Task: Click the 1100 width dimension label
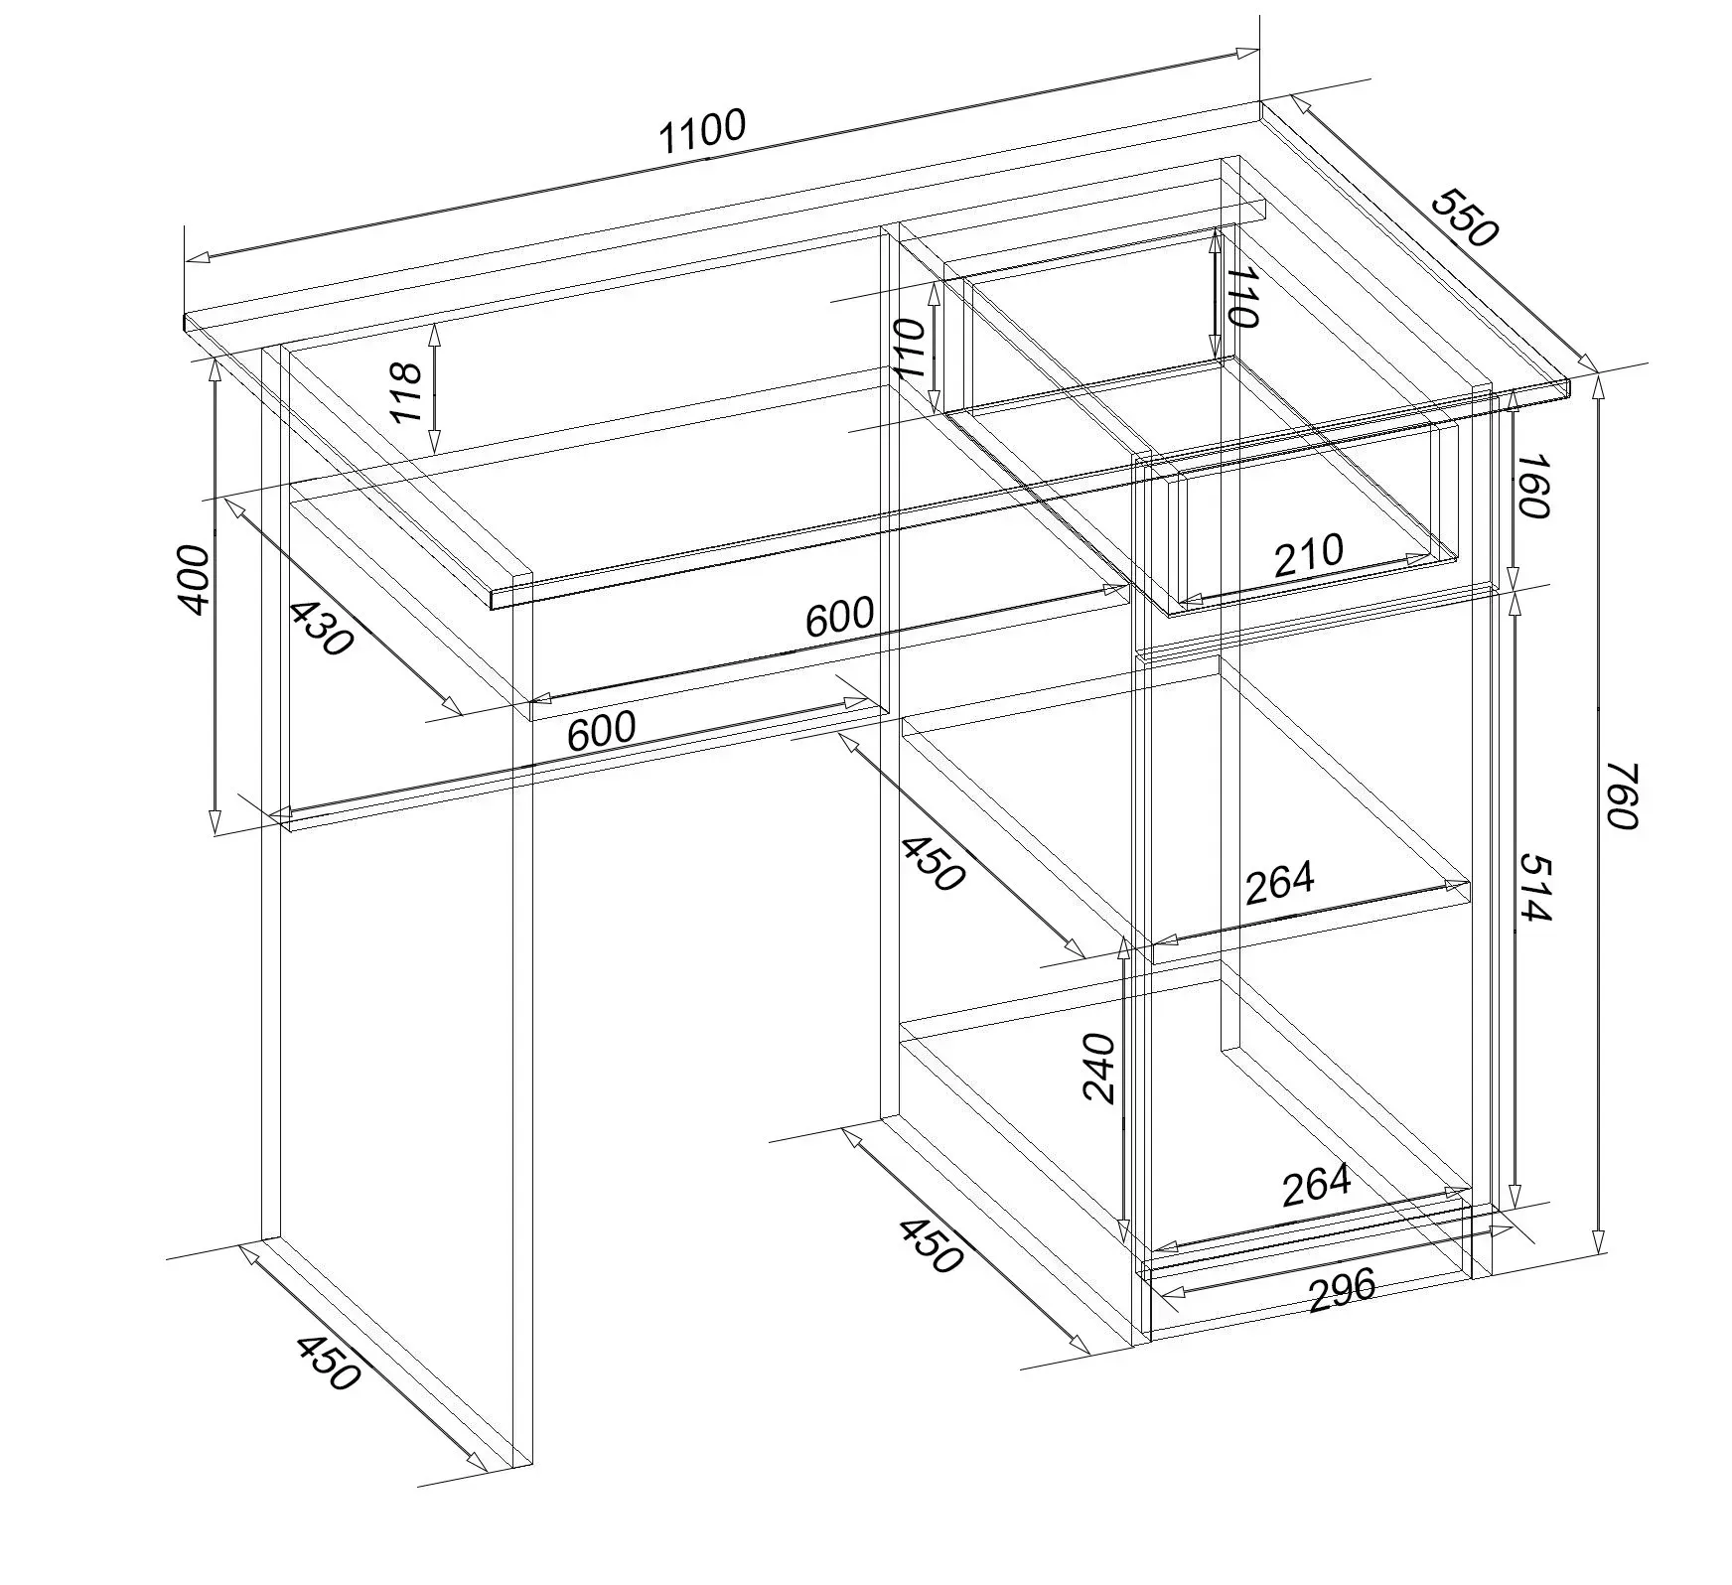[x=702, y=132]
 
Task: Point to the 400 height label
[x=195, y=580]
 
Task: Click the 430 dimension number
[x=322, y=629]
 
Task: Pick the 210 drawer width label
[x=1309, y=556]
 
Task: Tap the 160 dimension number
[x=1533, y=487]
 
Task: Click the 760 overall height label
[x=1618, y=794]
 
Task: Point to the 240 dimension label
[x=1099, y=1068]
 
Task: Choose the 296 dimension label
[x=1343, y=1290]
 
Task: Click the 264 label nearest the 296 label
[x=1317, y=1184]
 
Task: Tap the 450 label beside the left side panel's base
[x=327, y=1363]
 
